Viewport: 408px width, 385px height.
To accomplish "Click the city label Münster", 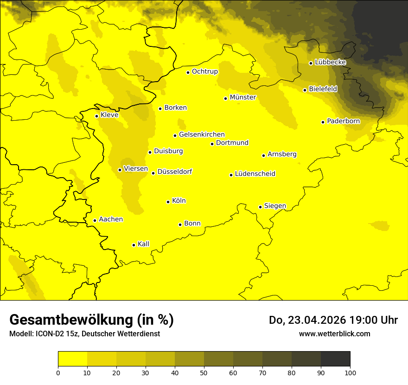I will click(x=243, y=97).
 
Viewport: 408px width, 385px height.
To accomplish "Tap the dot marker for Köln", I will click(x=168, y=202).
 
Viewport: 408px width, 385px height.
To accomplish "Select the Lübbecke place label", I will click(x=330, y=62).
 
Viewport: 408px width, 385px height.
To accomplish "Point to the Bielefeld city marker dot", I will click(x=305, y=90).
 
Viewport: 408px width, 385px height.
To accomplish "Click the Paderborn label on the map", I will click(x=343, y=121).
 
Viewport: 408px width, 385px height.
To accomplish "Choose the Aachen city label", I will click(x=111, y=219).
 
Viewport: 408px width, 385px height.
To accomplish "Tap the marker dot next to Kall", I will click(x=134, y=245).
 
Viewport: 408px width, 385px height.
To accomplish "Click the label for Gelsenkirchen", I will click(x=202, y=135).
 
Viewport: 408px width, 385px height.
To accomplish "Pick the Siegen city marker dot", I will click(x=261, y=207).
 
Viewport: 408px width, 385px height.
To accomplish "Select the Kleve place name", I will click(x=109, y=115).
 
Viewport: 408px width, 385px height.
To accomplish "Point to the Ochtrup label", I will click(x=205, y=71).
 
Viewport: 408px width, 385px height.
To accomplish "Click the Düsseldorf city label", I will click(x=175, y=172).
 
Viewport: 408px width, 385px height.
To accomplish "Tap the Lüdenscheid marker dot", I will click(x=231, y=175).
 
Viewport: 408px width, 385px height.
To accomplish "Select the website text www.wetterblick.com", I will click(x=335, y=334).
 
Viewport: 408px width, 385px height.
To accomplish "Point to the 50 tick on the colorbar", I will click(x=204, y=372).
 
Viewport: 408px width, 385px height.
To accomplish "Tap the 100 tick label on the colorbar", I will click(x=350, y=372).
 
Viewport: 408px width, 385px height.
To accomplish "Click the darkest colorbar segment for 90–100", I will click(x=335, y=359).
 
